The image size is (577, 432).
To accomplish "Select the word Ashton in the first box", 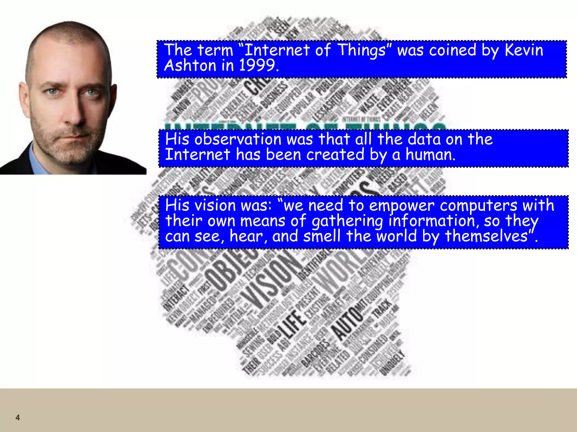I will click(190, 65).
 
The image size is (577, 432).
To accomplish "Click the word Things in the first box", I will click(361, 51).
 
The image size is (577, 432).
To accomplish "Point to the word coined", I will click(452, 50).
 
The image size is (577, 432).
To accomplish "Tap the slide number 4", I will click(17, 417).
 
